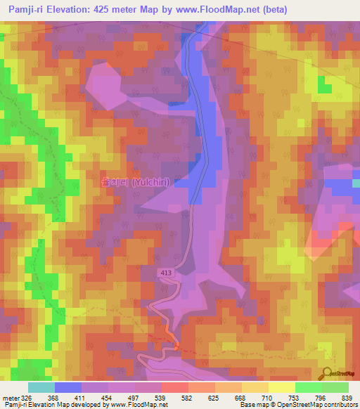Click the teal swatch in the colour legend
[x=41, y=387]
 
